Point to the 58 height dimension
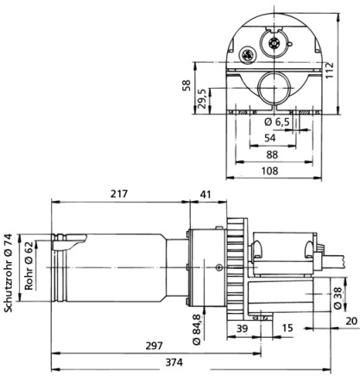pos(186,86)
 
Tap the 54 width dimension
pos(269,138)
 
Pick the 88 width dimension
pos(269,155)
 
